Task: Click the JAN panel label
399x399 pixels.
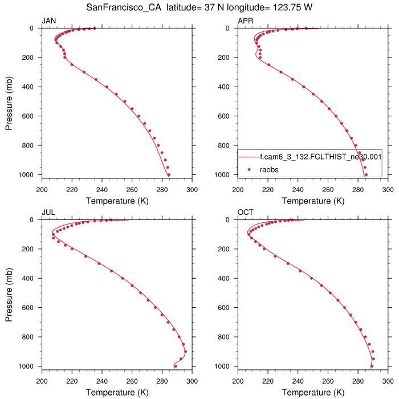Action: coord(48,21)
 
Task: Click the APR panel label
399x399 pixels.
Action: coord(245,21)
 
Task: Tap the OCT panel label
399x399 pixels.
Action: coord(245,213)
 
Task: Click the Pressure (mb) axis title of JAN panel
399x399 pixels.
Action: coord(10,101)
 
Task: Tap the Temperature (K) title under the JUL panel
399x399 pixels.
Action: coord(117,393)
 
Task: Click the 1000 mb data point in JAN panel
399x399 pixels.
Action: coord(169,174)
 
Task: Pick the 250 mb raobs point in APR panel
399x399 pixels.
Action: coord(268,64)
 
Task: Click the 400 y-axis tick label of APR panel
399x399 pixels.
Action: coord(228,87)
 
